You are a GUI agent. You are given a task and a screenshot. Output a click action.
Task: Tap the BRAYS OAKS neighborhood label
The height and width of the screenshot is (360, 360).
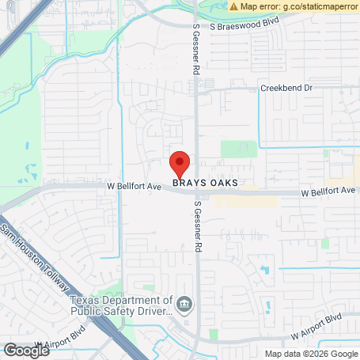(206, 183)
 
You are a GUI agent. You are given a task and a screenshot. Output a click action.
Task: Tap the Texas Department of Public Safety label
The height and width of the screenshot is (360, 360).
(120, 305)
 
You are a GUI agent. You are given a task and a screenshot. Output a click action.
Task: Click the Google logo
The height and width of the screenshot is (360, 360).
(26, 349)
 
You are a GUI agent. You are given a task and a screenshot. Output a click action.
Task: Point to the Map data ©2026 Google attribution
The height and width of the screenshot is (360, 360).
(310, 354)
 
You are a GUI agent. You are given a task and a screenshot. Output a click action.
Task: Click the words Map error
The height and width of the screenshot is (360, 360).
(261, 6)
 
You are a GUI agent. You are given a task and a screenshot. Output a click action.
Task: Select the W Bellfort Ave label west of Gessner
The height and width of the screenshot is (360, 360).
(134, 187)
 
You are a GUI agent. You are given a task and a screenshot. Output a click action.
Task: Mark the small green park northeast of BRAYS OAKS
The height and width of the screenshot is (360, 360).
(239, 150)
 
